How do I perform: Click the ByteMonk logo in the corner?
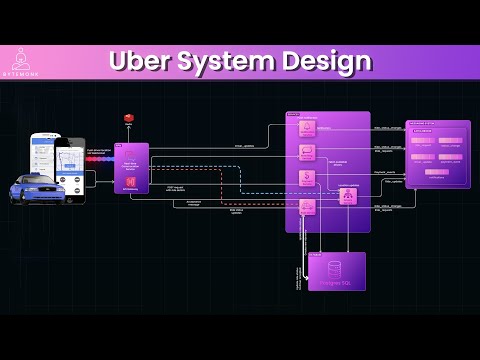(x=22, y=62)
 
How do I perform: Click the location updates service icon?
(x=348, y=196)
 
